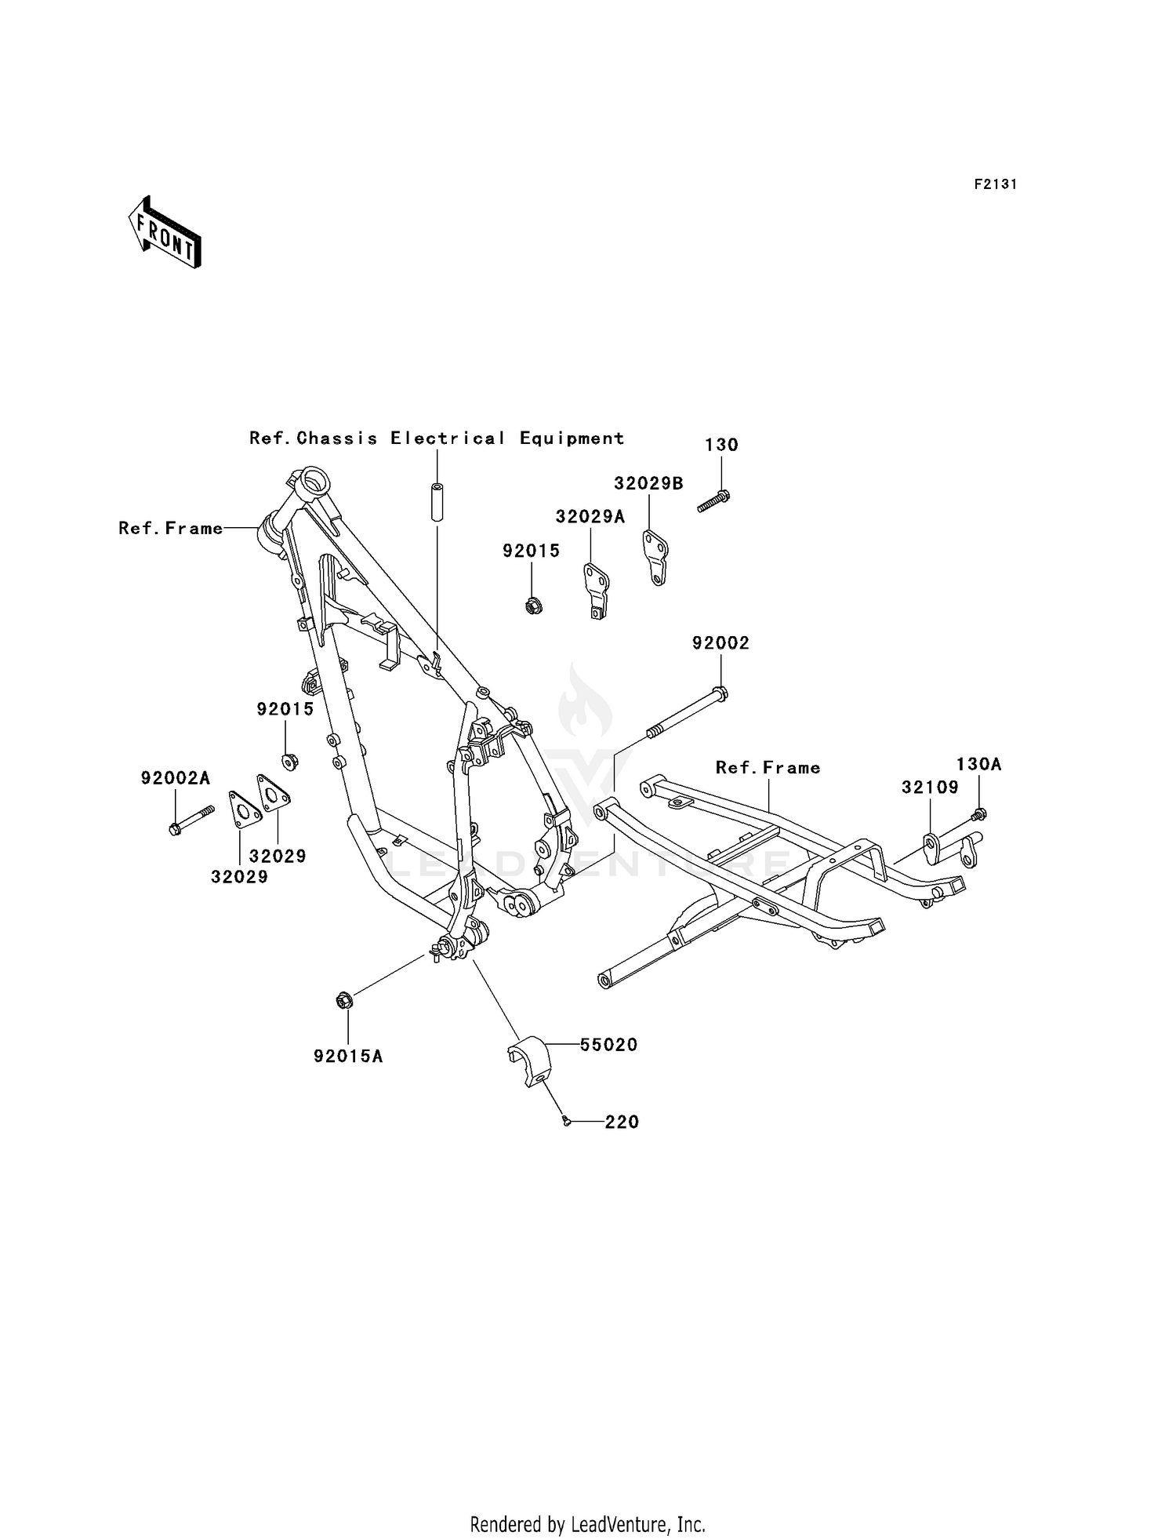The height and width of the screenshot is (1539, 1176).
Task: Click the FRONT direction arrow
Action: (x=165, y=232)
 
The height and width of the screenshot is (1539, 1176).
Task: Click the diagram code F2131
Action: (x=995, y=184)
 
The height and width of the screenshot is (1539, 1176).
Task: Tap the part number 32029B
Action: (x=648, y=483)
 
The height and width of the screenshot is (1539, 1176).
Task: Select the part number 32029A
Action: (x=590, y=516)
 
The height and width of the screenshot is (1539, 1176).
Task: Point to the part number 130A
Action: (x=978, y=764)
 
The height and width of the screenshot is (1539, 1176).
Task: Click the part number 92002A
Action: (x=176, y=778)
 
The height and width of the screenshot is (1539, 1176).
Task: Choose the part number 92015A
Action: (x=348, y=1057)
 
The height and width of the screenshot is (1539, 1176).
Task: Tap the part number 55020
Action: (x=608, y=1045)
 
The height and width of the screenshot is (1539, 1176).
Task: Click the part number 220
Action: (x=622, y=1122)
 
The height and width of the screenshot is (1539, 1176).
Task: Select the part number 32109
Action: (x=930, y=787)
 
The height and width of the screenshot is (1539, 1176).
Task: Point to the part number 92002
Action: (x=720, y=643)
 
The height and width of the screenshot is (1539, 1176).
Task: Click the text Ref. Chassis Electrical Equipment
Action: (x=437, y=438)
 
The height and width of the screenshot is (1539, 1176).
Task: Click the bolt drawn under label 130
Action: (x=713, y=501)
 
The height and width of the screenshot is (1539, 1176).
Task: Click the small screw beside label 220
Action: (x=565, y=1122)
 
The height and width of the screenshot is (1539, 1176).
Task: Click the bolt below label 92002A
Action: (x=191, y=819)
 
